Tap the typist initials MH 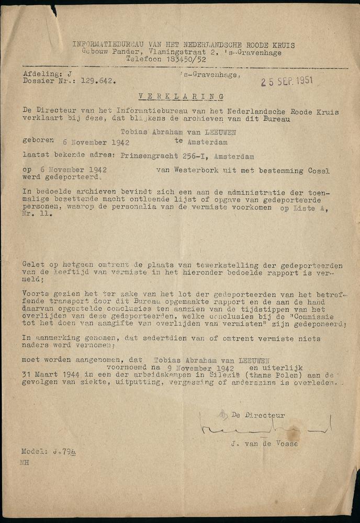[x=25, y=463]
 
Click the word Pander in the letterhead [x=115, y=52]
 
